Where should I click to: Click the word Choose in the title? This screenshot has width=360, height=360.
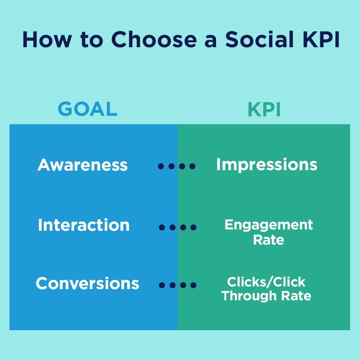point(154,39)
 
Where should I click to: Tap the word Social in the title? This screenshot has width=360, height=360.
point(259,39)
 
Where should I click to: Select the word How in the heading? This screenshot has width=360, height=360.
point(47,40)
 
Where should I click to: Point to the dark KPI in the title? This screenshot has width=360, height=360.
point(321,39)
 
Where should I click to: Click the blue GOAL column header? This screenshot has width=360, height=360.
point(87,109)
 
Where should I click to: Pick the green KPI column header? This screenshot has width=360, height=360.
point(264,110)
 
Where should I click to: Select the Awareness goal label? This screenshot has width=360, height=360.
point(82,164)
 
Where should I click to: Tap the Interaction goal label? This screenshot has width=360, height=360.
point(84,225)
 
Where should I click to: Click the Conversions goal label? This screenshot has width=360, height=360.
point(87,283)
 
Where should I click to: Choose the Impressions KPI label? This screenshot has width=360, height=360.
point(267,165)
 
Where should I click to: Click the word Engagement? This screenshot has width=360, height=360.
point(269,225)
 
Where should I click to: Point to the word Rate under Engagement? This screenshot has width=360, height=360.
point(269,240)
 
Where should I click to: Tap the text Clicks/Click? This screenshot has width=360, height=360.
point(266,282)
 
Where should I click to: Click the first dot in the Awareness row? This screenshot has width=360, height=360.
point(161,166)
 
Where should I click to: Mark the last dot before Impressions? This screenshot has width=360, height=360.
point(192,166)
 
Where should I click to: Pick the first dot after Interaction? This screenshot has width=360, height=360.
point(162,227)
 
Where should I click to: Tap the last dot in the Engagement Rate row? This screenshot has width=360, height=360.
point(193,227)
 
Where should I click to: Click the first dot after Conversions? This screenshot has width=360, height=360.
point(162,285)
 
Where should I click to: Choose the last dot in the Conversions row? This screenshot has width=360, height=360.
point(193,285)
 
